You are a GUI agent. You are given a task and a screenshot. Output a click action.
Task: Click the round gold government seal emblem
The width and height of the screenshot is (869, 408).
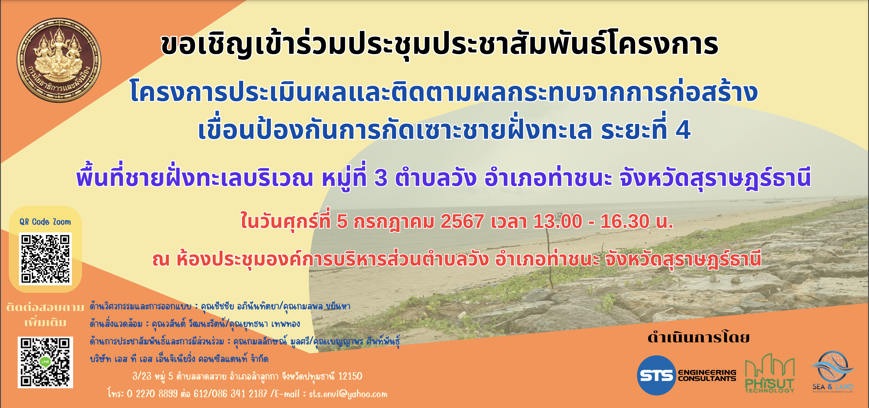(59, 60)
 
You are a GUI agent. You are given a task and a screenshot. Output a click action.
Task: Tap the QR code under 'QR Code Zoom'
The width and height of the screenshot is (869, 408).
(45, 259)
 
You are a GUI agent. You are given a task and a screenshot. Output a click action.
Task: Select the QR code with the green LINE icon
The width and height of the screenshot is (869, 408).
(45, 362)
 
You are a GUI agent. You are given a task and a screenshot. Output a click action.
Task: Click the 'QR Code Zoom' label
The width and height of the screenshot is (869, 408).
(45, 222)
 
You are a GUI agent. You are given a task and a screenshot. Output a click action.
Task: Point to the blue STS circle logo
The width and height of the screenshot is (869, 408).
(656, 375)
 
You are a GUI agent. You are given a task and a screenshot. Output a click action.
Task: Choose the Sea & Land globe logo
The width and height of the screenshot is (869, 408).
(833, 372)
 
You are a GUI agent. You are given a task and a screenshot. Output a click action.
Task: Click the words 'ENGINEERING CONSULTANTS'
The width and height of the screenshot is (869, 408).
(707, 375)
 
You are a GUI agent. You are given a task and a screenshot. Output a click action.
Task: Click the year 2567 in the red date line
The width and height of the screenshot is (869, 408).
(462, 221)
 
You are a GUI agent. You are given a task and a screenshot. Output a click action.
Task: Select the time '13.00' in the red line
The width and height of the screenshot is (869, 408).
(558, 221)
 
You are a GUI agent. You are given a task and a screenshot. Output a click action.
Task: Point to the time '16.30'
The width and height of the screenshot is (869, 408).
(625, 221)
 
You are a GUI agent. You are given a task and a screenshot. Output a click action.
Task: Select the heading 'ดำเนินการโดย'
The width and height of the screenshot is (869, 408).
(699, 337)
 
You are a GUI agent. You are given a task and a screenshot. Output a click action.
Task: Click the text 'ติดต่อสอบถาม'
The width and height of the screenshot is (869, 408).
(45, 308)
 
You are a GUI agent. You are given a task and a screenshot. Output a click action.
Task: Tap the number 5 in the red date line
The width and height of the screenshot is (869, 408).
(342, 221)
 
